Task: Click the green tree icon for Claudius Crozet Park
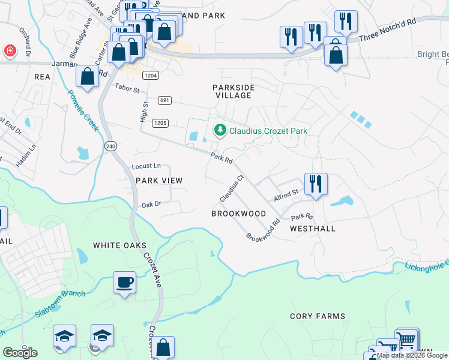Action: click(x=220, y=130)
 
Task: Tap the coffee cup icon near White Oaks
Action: click(x=124, y=283)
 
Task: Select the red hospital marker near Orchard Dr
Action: click(x=10, y=51)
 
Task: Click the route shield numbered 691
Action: click(x=165, y=100)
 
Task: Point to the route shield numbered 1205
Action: click(x=160, y=123)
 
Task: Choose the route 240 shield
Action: click(x=110, y=146)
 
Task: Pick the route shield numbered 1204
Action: click(x=151, y=76)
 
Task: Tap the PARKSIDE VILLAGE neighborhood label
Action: click(x=234, y=91)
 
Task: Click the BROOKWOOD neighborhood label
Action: click(x=238, y=214)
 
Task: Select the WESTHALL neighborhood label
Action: click(x=312, y=229)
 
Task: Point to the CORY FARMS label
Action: click(x=318, y=316)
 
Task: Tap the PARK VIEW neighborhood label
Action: click(x=158, y=180)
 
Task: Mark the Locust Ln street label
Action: click(x=146, y=166)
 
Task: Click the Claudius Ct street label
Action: click(x=231, y=188)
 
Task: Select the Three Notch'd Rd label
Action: click(x=387, y=31)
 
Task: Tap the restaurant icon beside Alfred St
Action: click(x=315, y=184)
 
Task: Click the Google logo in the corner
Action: click(x=20, y=353)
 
